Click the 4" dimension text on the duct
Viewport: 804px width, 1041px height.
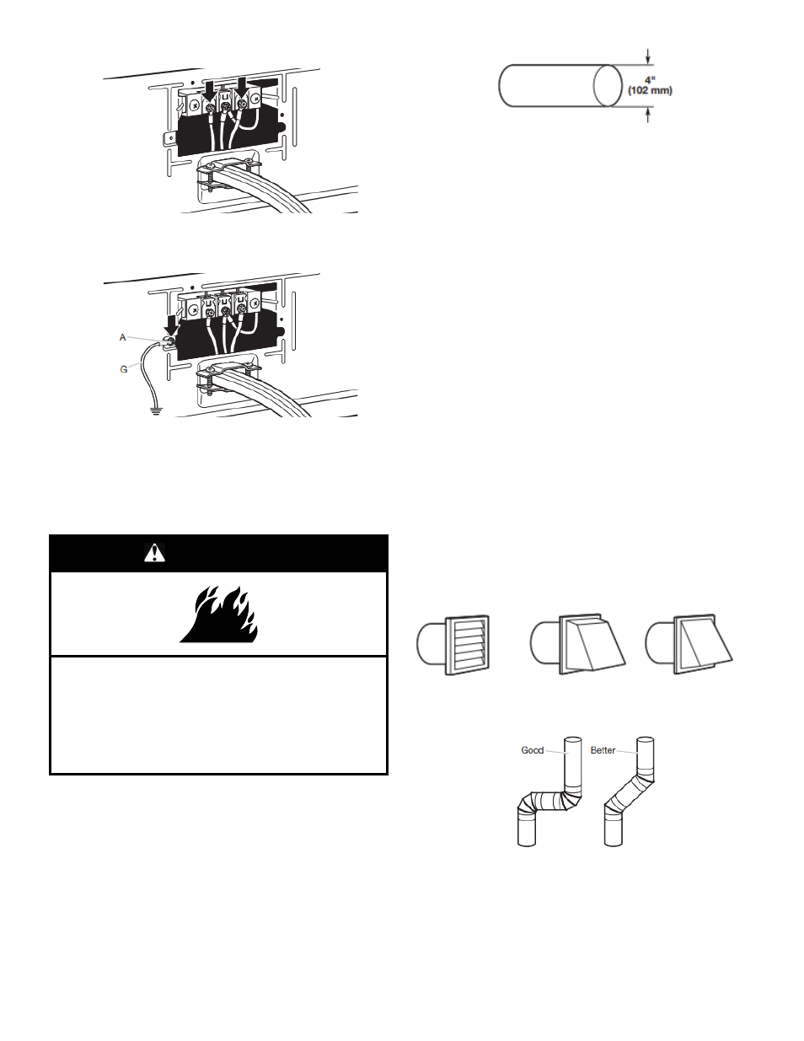(x=650, y=80)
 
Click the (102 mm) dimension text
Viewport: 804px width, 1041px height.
(x=650, y=90)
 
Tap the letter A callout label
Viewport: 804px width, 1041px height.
(x=122, y=338)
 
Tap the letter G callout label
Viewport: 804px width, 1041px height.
(x=124, y=369)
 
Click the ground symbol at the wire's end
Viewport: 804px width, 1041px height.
(x=156, y=410)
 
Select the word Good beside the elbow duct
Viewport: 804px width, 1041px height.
(x=533, y=750)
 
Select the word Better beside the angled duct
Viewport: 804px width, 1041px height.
(x=603, y=750)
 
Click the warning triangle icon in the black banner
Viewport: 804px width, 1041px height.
(x=154, y=553)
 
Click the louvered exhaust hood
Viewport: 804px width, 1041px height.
(x=454, y=645)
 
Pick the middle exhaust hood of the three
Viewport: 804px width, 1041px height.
(x=578, y=644)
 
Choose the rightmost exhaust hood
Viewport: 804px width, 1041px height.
(x=689, y=644)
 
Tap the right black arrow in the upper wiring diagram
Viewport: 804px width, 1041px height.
(x=243, y=87)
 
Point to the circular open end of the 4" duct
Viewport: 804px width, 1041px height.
(x=608, y=85)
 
